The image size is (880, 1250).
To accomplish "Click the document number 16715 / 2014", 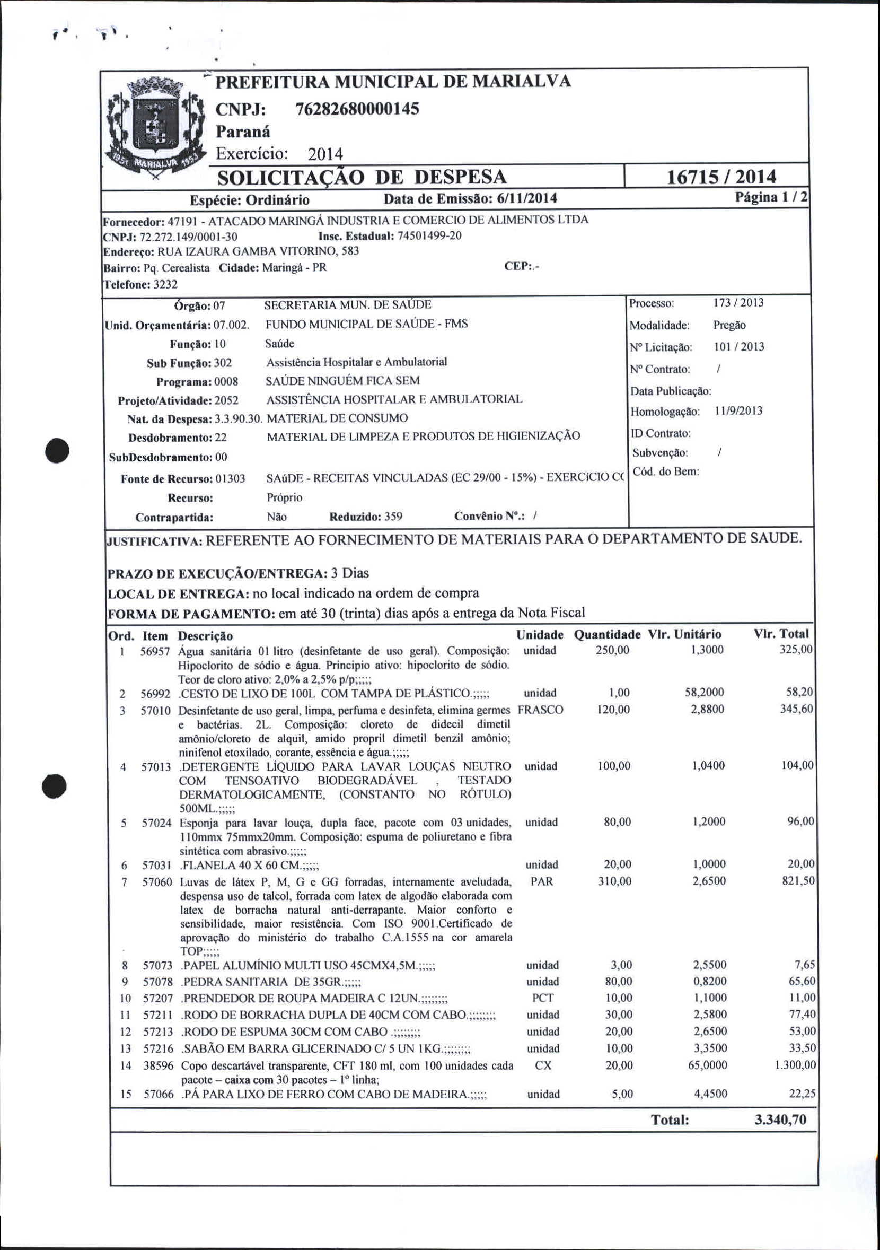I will (x=721, y=177).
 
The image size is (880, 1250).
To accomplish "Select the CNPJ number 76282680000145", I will (x=357, y=109).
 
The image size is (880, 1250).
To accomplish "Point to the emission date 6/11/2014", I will (x=527, y=198).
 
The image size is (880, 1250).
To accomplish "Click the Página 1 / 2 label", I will (x=771, y=197).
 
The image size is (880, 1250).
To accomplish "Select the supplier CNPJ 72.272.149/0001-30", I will (x=188, y=237).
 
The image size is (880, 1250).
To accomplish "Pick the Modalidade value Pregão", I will (x=729, y=325).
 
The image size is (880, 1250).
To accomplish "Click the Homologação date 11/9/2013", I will (x=738, y=411).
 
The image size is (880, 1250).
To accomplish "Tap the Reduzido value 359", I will (x=393, y=516).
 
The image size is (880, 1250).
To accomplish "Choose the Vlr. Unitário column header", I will (x=684, y=634).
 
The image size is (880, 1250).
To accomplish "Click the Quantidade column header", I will (x=608, y=634).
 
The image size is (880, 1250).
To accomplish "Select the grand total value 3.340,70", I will (x=780, y=1120).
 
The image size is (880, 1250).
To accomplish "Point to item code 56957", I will (x=156, y=651).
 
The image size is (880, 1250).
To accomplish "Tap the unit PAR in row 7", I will (x=541, y=881).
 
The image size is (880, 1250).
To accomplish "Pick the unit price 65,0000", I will (x=708, y=1065).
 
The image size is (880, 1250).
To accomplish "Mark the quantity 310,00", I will (x=615, y=881).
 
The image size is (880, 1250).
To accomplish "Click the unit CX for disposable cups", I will (x=543, y=1065).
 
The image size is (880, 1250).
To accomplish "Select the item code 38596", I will (x=159, y=1066).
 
